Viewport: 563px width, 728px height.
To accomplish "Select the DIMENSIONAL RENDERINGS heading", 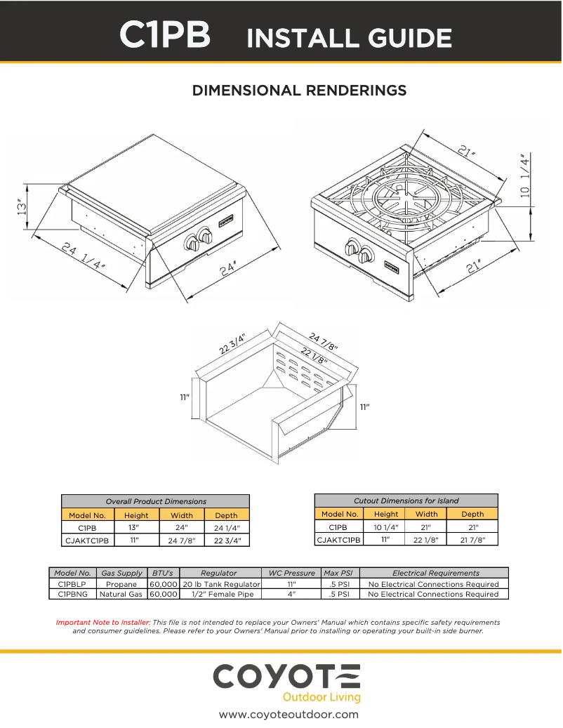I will click(300, 91).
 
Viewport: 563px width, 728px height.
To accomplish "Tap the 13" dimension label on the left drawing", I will click(22, 207).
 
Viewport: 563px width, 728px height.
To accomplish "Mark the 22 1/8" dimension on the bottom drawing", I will click(314, 355).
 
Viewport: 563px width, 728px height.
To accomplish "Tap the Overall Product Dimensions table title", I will click(156, 501).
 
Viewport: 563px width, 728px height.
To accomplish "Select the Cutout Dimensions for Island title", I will click(406, 501).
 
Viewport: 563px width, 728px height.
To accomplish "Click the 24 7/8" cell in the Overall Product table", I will click(181, 541).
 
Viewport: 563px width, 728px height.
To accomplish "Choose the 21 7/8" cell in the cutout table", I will click(472, 540).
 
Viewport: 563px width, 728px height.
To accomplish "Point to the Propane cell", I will click(121, 584).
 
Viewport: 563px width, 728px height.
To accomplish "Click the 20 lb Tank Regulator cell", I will click(221, 584).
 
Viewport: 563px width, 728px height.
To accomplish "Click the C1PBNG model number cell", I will click(72, 595).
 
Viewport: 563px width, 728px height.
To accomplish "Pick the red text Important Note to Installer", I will click(103, 622).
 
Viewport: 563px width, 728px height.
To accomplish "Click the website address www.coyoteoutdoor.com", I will click(289, 715).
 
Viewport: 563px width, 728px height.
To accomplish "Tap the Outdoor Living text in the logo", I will click(321, 697).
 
